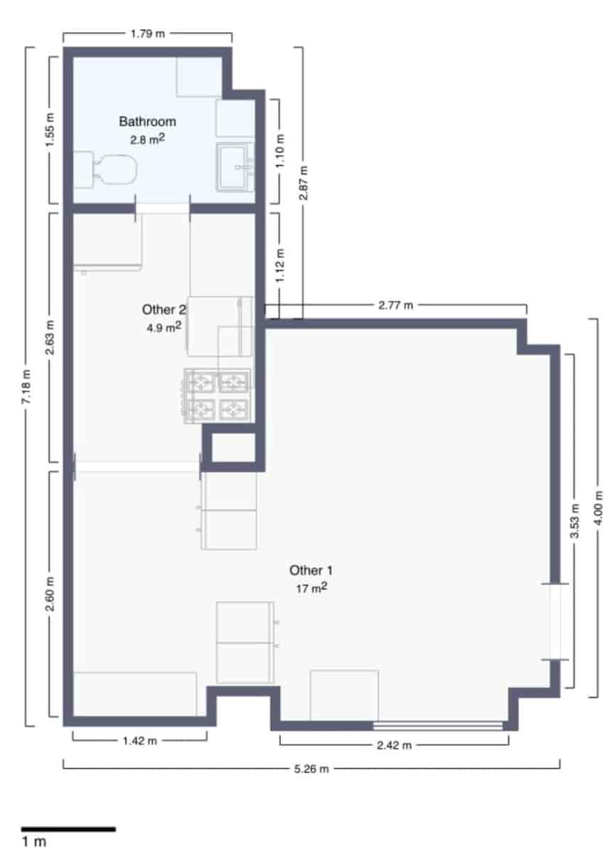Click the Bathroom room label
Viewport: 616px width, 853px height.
coord(147,122)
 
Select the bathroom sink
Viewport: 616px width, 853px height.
coord(235,168)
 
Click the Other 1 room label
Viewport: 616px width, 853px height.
coord(311,570)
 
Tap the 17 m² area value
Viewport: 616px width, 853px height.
coord(311,588)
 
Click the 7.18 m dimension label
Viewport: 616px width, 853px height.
coord(27,387)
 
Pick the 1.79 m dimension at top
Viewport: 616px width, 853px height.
coord(147,33)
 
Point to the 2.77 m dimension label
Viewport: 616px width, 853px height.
coord(395,306)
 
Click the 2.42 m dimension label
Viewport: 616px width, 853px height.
coord(394,745)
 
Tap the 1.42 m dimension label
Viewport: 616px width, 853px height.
coord(139,741)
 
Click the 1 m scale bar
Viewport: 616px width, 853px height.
coord(68,829)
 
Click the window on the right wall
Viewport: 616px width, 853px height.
coord(556,621)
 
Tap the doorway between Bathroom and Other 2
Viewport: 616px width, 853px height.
coord(163,208)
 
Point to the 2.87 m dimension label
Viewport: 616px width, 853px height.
coord(303,183)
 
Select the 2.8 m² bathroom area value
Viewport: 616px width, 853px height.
coord(147,140)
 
